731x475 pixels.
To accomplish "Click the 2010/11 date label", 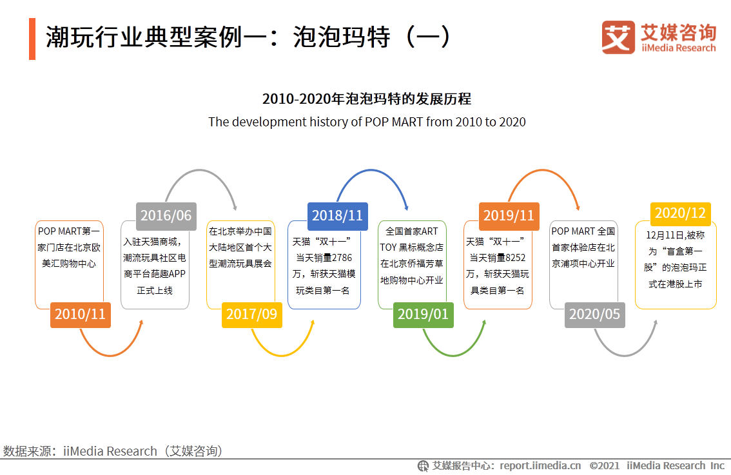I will (80, 315).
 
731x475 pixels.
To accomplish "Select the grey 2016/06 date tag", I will (166, 215).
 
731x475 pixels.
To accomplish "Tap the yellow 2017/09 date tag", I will (251, 315).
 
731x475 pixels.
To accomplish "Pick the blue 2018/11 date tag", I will (337, 215).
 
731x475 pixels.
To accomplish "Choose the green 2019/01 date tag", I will (423, 315).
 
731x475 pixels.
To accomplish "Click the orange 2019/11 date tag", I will (509, 215).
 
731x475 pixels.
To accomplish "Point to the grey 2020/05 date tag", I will (594, 315).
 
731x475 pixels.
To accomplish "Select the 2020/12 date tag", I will (680, 213).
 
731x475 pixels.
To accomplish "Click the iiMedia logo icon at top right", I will (618, 37).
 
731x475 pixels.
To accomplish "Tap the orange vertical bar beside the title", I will (32, 39).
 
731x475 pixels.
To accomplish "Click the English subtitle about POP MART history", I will (366, 122).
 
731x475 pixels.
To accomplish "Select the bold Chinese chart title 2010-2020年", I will (366, 99).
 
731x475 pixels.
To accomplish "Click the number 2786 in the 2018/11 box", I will (341, 258).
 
